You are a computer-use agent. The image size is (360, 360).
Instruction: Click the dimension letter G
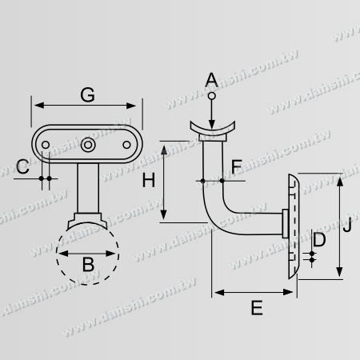click(87, 94)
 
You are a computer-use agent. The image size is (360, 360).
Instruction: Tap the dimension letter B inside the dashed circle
click(88, 264)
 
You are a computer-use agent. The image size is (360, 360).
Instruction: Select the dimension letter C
click(22, 166)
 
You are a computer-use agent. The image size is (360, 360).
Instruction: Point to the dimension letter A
click(211, 80)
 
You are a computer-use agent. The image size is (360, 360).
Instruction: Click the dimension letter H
click(149, 180)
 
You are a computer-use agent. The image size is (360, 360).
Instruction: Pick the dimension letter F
click(236, 166)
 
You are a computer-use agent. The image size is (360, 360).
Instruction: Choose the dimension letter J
click(347, 225)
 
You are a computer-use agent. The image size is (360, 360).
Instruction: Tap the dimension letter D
click(319, 239)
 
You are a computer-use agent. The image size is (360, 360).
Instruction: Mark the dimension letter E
click(257, 308)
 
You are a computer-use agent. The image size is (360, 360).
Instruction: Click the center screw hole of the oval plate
click(88, 145)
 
